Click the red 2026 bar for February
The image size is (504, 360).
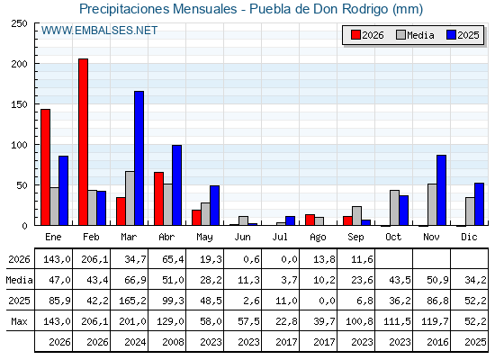83,142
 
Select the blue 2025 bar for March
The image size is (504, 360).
139,158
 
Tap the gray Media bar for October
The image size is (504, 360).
395,208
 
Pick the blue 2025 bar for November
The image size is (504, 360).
441,190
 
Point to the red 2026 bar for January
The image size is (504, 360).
45,167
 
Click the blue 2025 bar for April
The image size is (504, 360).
176,185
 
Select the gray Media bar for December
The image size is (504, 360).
470,211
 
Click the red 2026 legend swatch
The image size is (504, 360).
355,35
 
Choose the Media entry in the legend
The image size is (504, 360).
416,35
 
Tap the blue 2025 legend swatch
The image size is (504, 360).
451,35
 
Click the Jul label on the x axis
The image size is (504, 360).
280,237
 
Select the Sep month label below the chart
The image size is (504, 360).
355,237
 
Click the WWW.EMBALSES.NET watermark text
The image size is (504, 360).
99,31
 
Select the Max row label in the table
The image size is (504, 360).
19,321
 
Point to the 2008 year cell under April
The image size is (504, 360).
173,342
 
